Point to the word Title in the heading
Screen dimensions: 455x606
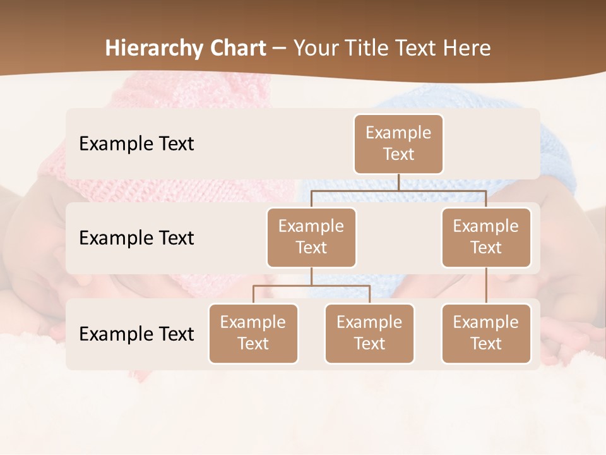tap(373, 48)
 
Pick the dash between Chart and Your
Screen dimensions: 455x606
tap(280, 48)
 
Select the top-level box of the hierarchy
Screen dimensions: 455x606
tap(398, 143)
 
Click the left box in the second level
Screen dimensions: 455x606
tap(311, 237)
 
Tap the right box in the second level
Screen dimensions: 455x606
tap(486, 237)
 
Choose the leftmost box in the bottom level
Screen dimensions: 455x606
tap(253, 333)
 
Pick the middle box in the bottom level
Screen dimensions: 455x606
tap(369, 333)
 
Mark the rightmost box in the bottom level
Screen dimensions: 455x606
tap(486, 333)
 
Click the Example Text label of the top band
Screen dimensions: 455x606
tap(136, 143)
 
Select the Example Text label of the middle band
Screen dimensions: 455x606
tap(136, 238)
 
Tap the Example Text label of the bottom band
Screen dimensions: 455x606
tap(136, 334)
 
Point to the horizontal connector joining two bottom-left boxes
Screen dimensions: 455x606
tap(311, 286)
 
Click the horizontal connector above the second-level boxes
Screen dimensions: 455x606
tap(398, 190)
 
